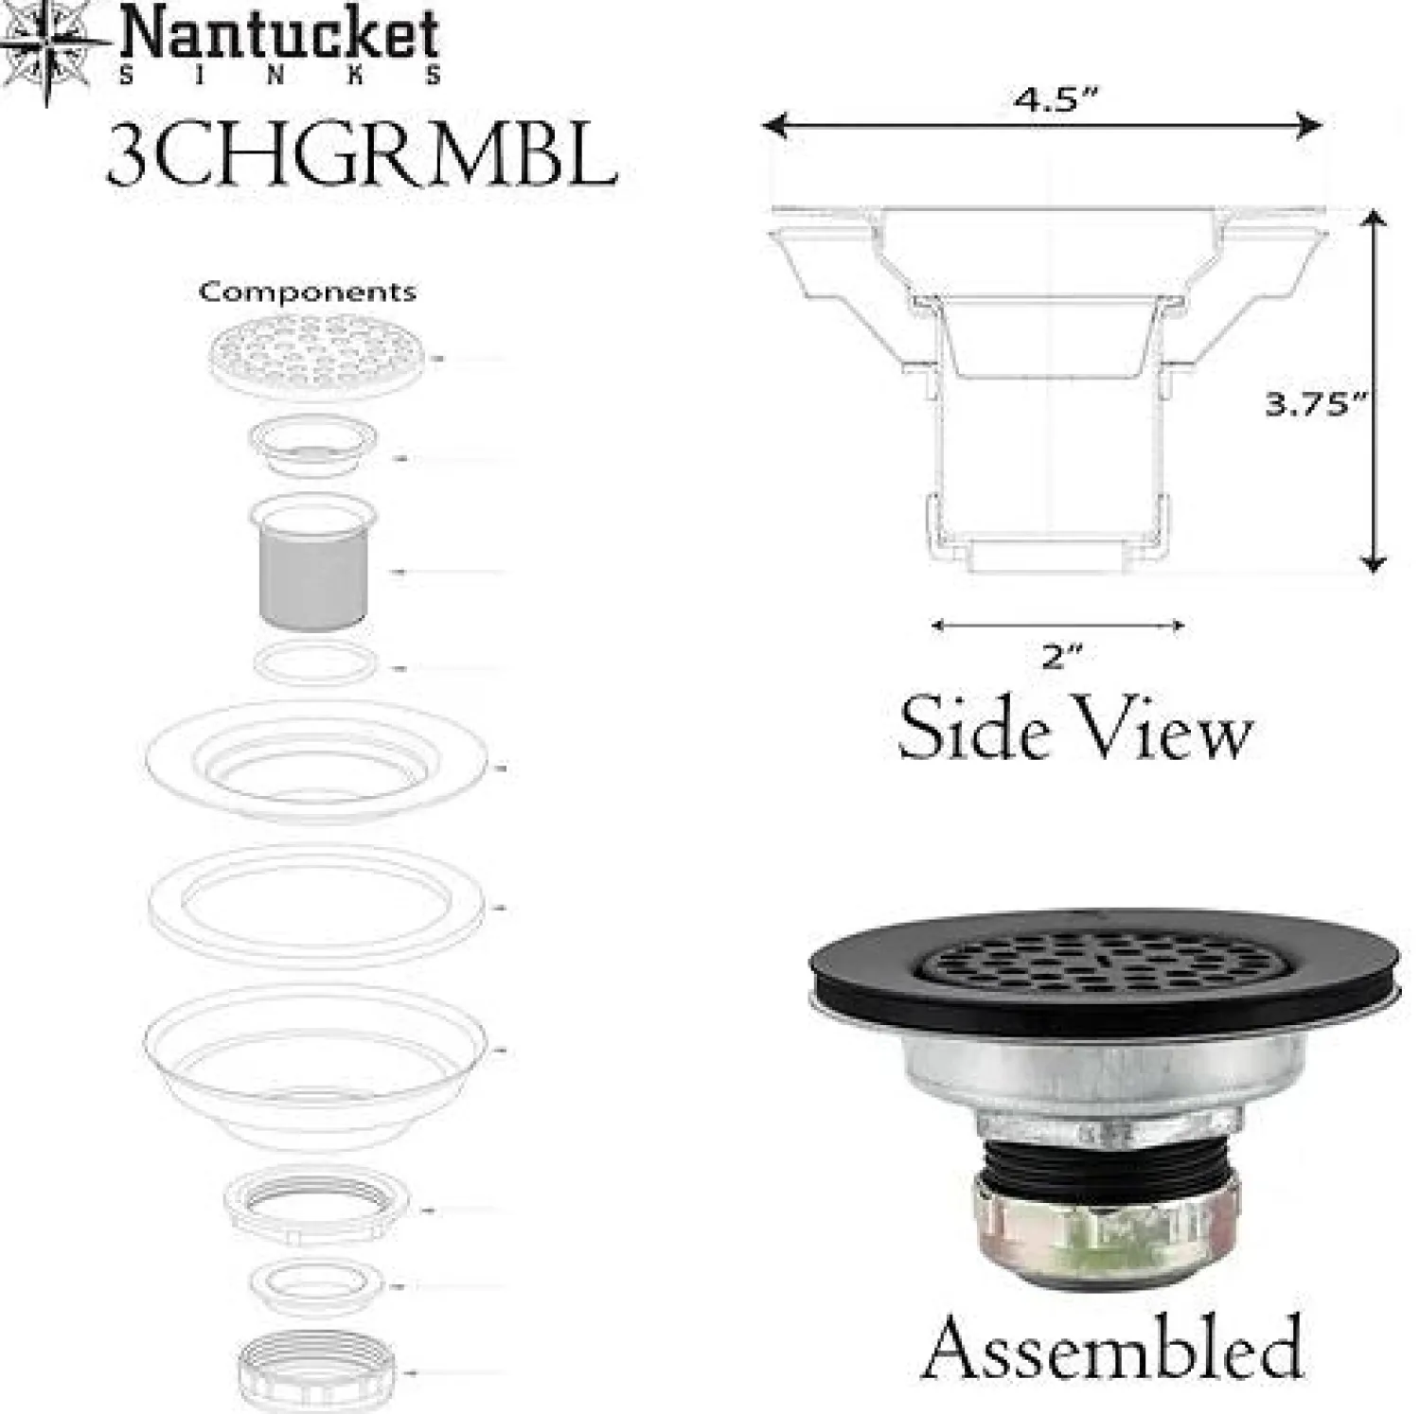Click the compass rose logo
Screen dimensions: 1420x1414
[x=47, y=47]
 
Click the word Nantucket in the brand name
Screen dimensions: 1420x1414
[x=279, y=36]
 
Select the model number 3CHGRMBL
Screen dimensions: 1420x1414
[x=362, y=155]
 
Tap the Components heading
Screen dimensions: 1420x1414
[x=307, y=291]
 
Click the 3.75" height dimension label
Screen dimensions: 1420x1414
[x=1317, y=404]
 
